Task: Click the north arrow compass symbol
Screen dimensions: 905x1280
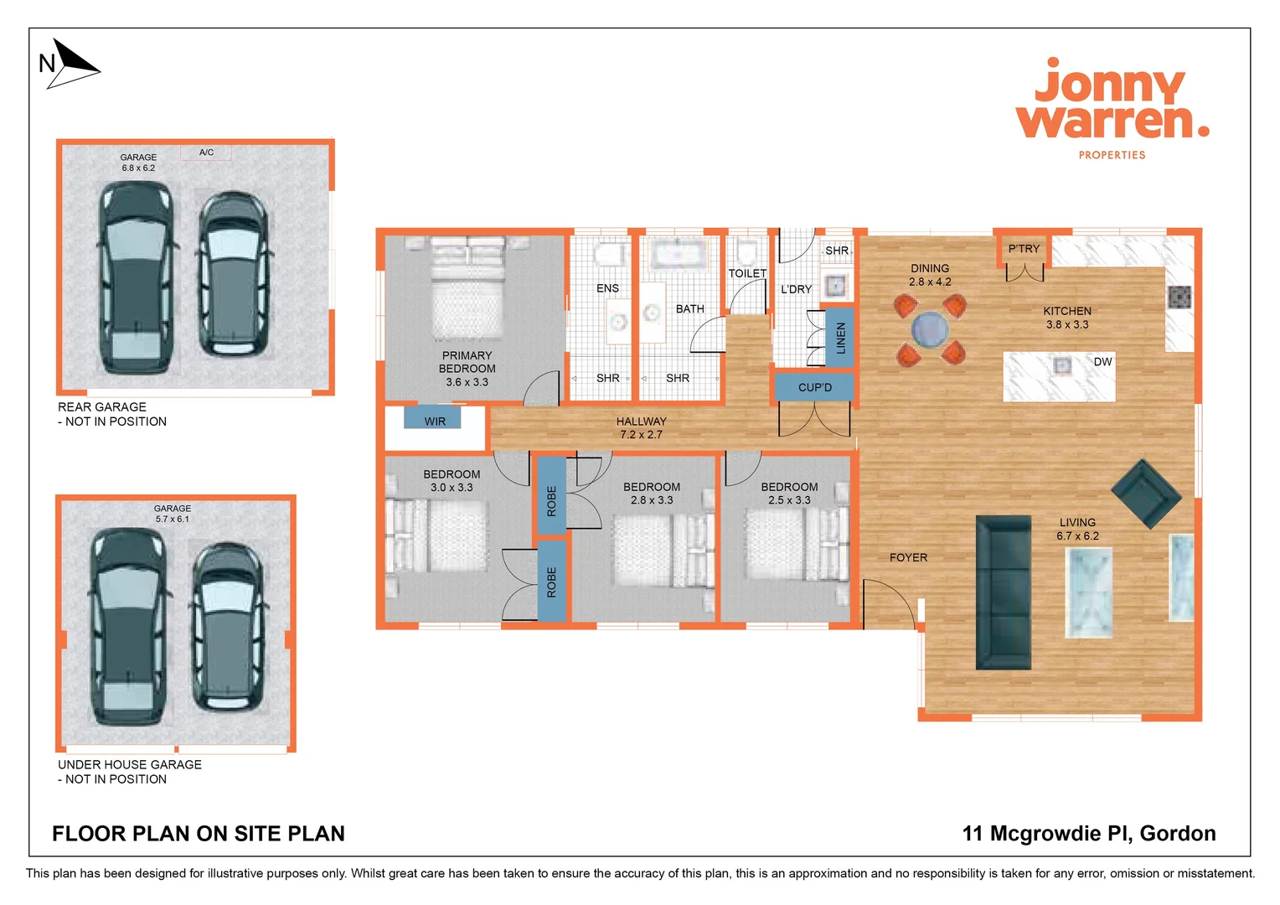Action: [x=71, y=64]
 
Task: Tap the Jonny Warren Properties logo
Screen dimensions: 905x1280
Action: [x=1112, y=107]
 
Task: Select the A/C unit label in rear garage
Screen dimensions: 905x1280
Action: [x=206, y=153]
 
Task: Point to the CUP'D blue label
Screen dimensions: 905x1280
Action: [x=814, y=387]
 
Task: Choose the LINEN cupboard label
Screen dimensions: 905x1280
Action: [x=840, y=338]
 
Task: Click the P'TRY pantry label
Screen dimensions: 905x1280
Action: [x=1024, y=249]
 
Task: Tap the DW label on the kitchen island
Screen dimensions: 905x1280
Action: [x=1102, y=362]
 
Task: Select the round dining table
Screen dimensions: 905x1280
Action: [x=930, y=329]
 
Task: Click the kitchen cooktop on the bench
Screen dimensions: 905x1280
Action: [x=1179, y=297]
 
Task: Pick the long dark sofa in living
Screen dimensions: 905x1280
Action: [x=1004, y=592]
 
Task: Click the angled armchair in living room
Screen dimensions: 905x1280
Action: [x=1146, y=494]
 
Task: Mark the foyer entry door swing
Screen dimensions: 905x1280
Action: [x=888, y=603]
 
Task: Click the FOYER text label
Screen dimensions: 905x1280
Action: [x=908, y=557]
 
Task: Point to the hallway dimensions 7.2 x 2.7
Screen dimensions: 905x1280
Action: [x=641, y=435]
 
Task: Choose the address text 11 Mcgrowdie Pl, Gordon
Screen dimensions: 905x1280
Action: [x=1088, y=833]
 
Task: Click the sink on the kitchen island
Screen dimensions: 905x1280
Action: [x=1061, y=365]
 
